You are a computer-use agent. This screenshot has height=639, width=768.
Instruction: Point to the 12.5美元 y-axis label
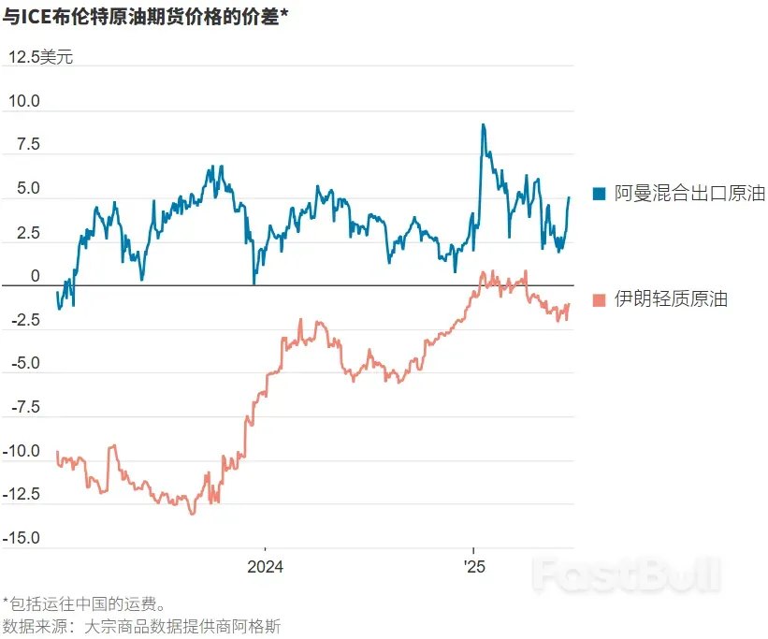click(x=40, y=57)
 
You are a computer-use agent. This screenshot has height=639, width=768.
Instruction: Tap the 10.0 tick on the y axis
click(x=24, y=101)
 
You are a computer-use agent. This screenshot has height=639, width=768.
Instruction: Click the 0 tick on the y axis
click(x=36, y=277)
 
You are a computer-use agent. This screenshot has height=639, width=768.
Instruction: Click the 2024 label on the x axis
click(x=265, y=567)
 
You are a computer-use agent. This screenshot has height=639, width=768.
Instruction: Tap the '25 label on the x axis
click(x=474, y=567)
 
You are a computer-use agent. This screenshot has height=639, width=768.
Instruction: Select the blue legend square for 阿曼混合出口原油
click(x=600, y=194)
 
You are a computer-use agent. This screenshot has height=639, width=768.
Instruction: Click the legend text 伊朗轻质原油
click(x=671, y=299)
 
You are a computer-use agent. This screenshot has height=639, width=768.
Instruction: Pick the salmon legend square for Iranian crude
click(x=600, y=299)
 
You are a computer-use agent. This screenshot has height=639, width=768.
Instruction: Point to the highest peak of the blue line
click(x=483, y=124)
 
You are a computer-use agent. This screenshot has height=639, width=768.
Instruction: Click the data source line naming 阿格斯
click(x=142, y=625)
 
